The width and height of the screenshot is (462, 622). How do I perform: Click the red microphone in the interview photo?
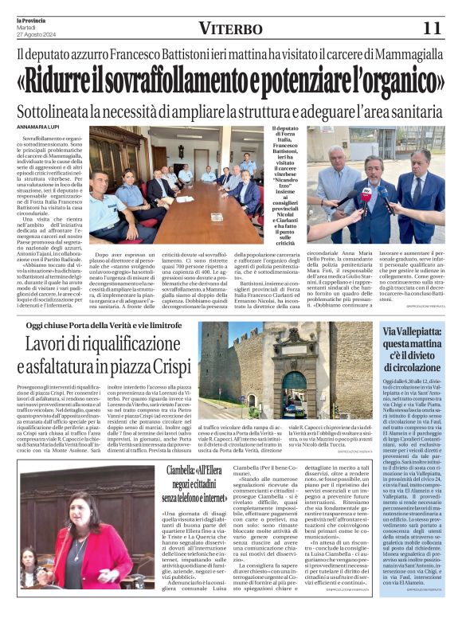click(366, 194)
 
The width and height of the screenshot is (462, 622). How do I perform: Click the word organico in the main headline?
click(394, 82)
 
